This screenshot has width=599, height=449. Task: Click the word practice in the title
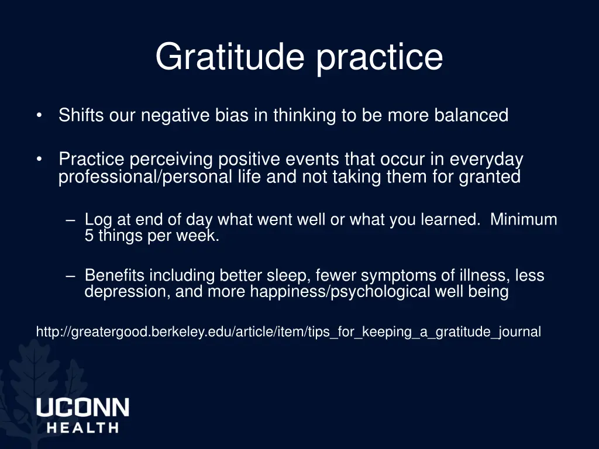pos(380,57)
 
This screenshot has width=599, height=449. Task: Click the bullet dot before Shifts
pos(39,116)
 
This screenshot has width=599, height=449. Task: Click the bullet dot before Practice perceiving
pos(39,159)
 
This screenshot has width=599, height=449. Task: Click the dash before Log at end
pos(70,220)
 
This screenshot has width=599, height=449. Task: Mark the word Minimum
pos(524,220)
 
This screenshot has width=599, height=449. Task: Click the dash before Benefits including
pos(70,275)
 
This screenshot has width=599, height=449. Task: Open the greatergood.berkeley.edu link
pos(288,332)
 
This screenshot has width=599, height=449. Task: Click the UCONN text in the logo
pos(82,407)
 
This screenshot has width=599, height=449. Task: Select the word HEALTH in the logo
pos(82,427)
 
